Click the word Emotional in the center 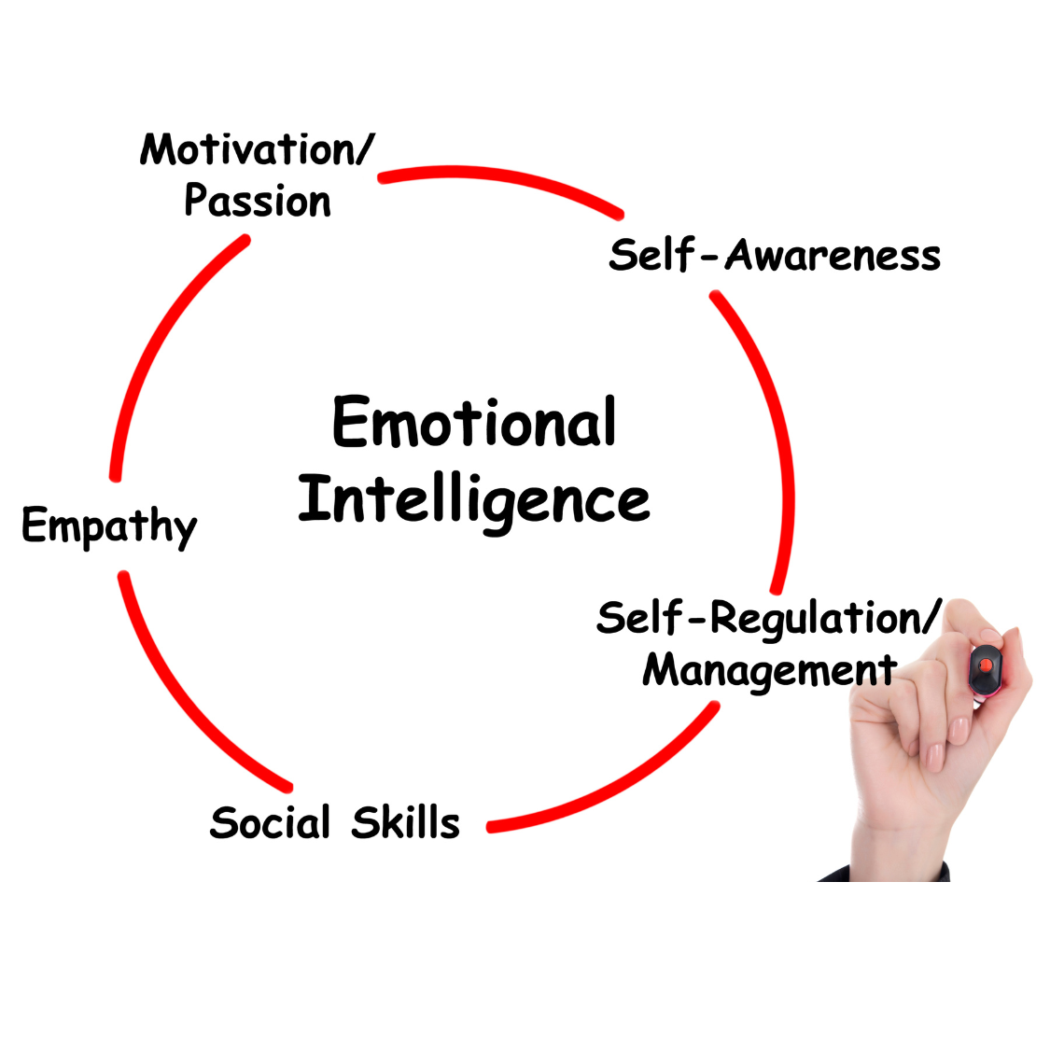(x=474, y=423)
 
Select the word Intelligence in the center (x=474, y=501)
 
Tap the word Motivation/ (x=257, y=149)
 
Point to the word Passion (x=258, y=202)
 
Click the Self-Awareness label (x=775, y=255)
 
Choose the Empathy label (x=109, y=525)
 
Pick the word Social (x=271, y=822)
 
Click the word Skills (x=406, y=822)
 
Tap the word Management (x=769, y=670)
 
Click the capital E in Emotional (x=353, y=422)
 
